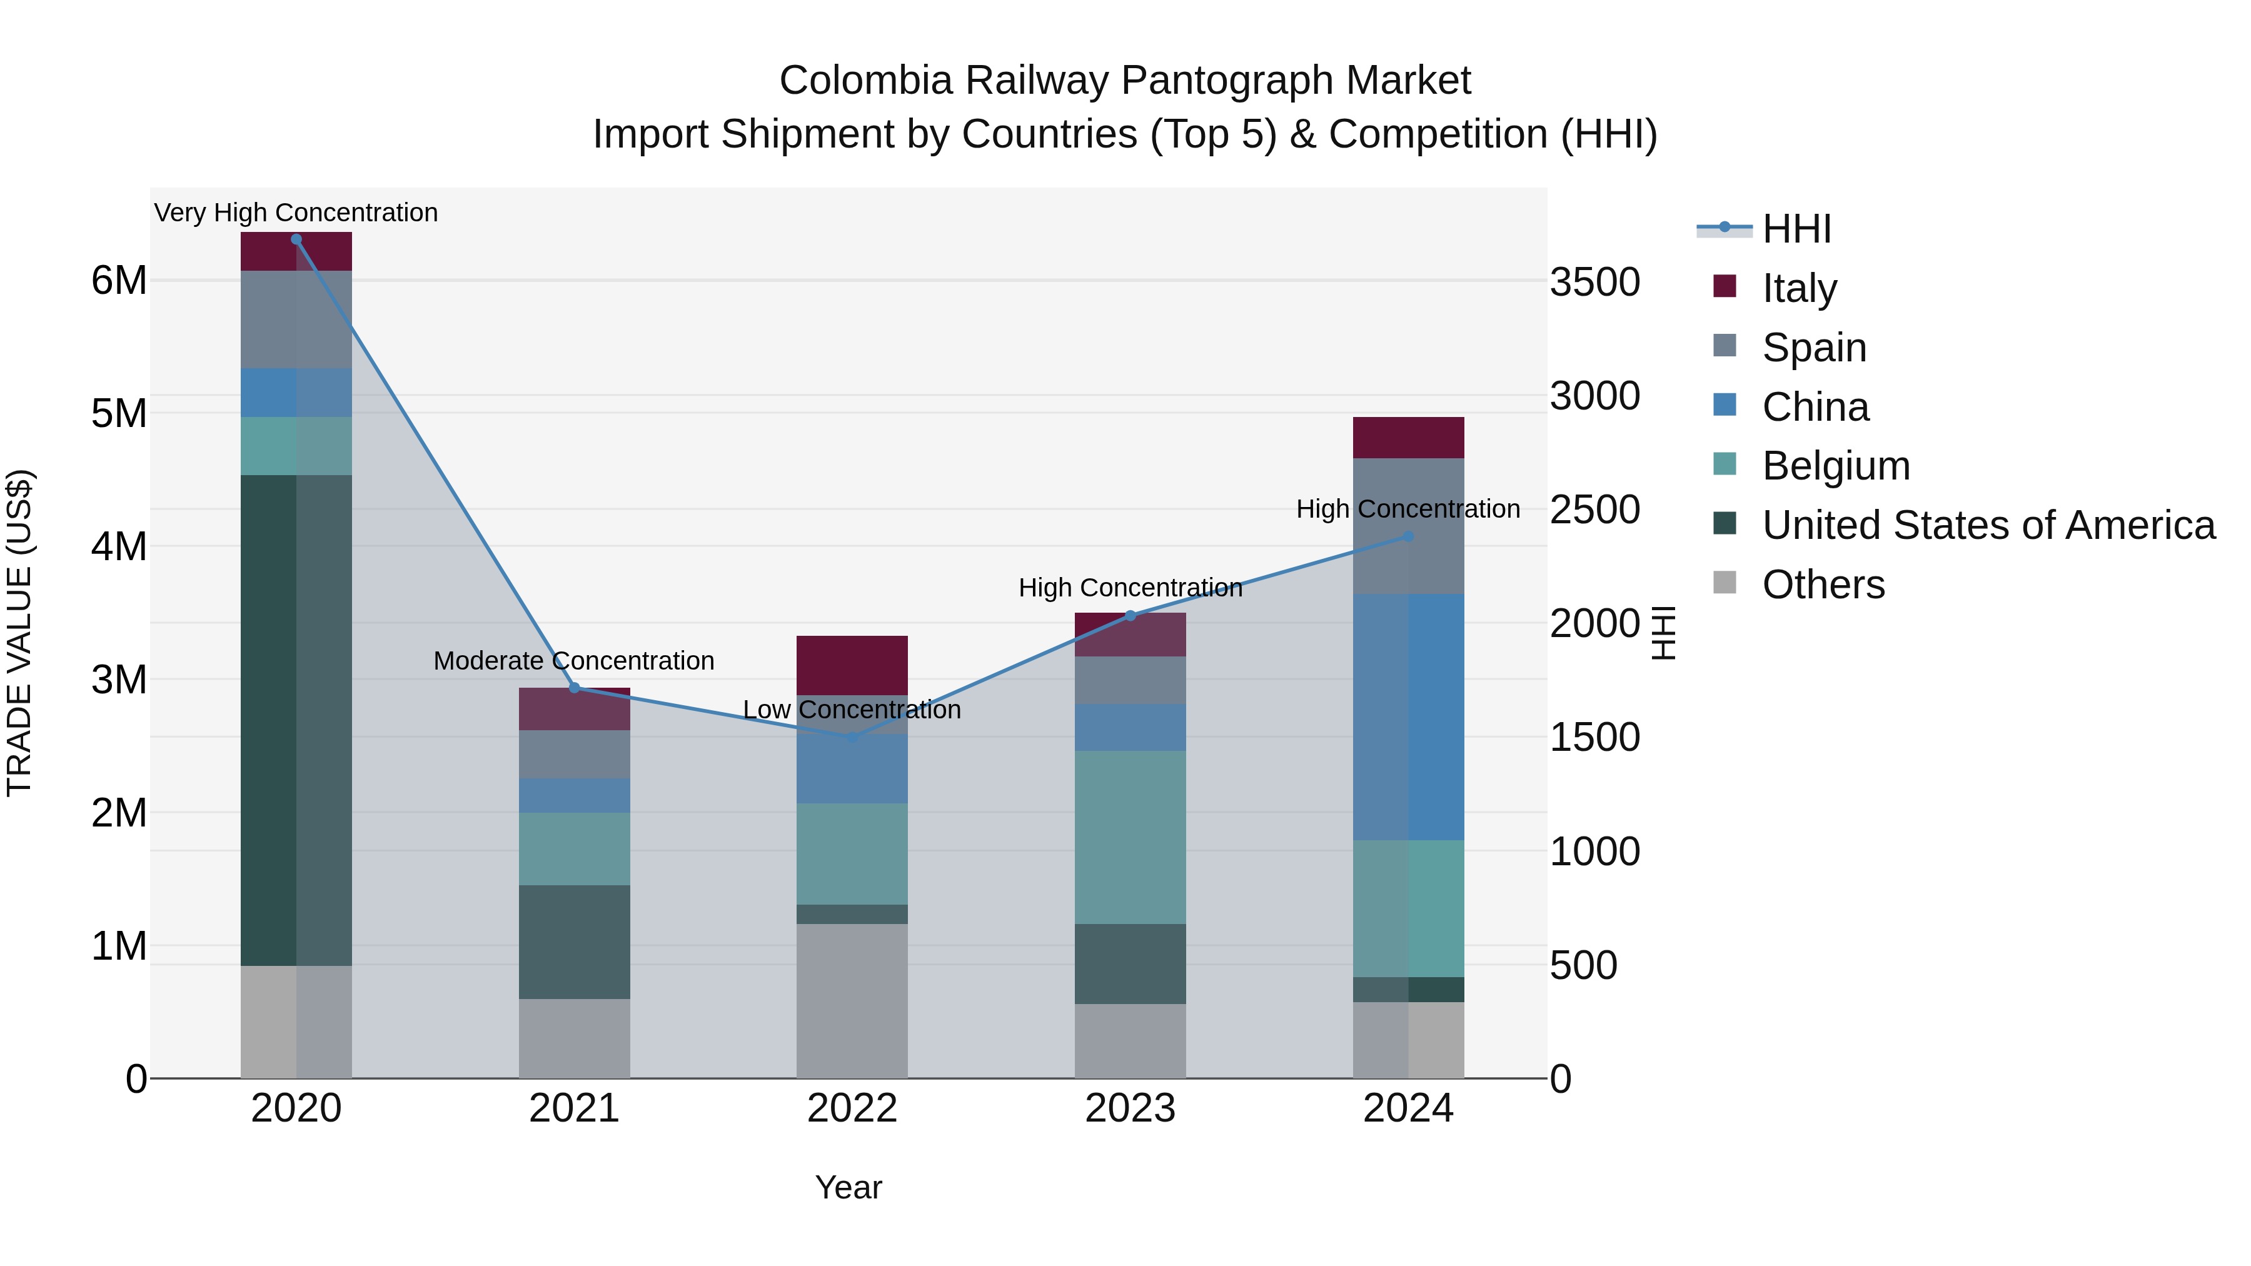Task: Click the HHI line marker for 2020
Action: pyautogui.click(x=296, y=239)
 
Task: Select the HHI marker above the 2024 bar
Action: pyautogui.click(x=1408, y=536)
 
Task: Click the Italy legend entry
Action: pyautogui.click(x=1798, y=288)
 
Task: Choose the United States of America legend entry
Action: pyautogui.click(x=1987, y=525)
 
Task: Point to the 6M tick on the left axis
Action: pyautogui.click(x=119, y=281)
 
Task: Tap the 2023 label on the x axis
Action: pyautogui.click(x=1130, y=1108)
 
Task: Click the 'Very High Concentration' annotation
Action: pyautogui.click(x=296, y=213)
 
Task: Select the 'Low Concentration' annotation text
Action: pyautogui.click(x=852, y=710)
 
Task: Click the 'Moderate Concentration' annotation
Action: pyautogui.click(x=574, y=661)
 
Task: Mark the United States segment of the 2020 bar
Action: pyautogui.click(x=296, y=720)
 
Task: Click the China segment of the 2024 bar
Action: pyautogui.click(x=1408, y=716)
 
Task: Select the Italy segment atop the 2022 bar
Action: pyautogui.click(x=852, y=665)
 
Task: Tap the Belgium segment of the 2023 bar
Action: pyautogui.click(x=1130, y=837)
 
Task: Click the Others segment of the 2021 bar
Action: pyautogui.click(x=574, y=1038)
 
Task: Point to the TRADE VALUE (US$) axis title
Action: pyautogui.click(x=19, y=633)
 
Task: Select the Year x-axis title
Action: pyautogui.click(x=849, y=1187)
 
